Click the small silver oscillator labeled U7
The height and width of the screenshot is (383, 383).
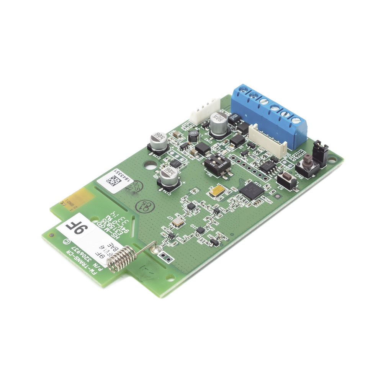[178, 221]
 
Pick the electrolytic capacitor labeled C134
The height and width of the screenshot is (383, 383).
[169, 176]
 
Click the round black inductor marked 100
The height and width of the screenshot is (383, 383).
[193, 136]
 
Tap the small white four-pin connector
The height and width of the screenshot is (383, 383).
[205, 110]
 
